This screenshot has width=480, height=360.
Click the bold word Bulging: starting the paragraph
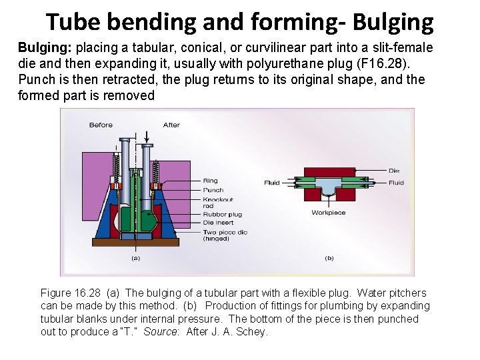tap(45, 48)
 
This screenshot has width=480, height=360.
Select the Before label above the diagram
tap(100, 125)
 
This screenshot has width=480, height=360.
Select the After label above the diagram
tap(171, 125)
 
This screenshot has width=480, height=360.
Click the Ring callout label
tap(210, 181)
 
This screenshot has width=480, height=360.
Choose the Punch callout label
tap(213, 190)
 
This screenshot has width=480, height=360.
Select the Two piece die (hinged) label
tap(225, 235)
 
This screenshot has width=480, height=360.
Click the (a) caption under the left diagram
tap(135, 257)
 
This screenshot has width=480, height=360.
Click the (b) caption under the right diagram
tap(329, 257)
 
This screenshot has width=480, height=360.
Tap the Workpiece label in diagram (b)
tap(328, 213)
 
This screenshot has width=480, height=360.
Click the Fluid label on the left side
tap(272, 182)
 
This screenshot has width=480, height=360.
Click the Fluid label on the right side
tap(396, 182)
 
